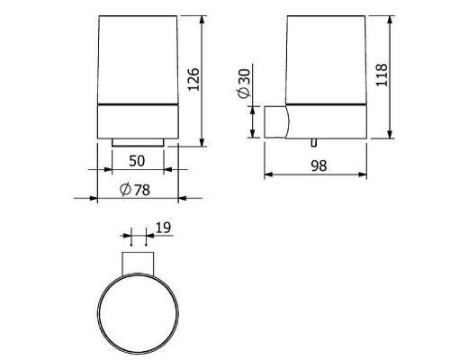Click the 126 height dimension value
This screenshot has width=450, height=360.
(x=193, y=79)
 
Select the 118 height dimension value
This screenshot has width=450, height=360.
(x=382, y=75)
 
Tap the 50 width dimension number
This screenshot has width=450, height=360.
(x=137, y=161)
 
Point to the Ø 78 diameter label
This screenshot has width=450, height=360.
(x=135, y=190)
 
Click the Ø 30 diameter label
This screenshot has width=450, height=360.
(x=244, y=83)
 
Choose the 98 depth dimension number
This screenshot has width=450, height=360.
(x=319, y=166)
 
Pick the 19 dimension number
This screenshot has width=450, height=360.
(x=164, y=228)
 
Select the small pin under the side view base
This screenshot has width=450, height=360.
(x=314, y=143)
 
